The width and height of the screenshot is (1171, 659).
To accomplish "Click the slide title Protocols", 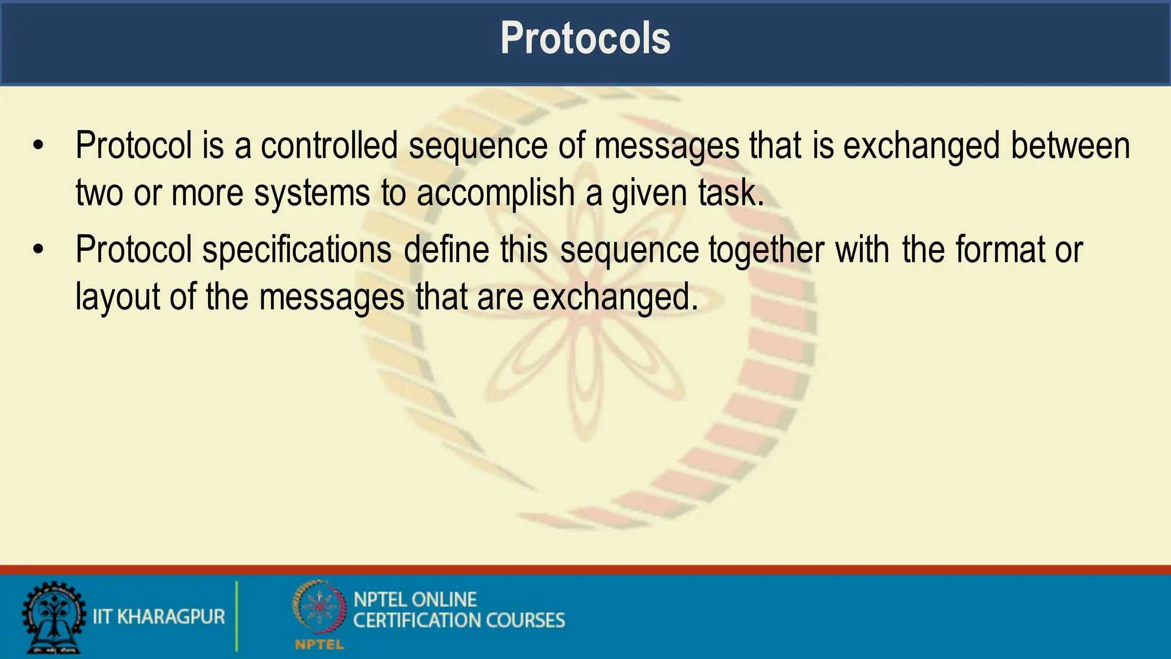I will (x=585, y=38).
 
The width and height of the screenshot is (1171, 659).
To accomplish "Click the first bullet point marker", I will (x=38, y=145).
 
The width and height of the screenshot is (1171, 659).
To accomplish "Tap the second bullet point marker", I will (x=38, y=249).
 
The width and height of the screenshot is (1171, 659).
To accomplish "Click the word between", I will (x=1070, y=145).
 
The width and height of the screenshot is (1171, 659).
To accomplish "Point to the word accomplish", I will (x=495, y=193).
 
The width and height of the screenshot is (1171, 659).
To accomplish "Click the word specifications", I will (x=297, y=250).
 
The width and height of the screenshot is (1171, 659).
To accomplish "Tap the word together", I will (x=767, y=250).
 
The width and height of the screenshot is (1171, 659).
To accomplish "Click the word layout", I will (x=118, y=297).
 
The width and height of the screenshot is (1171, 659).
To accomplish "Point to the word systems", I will (x=312, y=193).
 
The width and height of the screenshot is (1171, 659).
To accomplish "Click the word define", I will (x=447, y=249).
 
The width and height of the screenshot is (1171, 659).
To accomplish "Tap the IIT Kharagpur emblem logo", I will (x=53, y=617).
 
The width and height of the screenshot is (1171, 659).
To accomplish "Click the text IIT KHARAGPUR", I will (x=159, y=617).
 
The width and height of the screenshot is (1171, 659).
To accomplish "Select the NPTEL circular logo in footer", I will (x=320, y=607).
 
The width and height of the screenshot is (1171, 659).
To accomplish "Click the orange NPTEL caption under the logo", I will (x=319, y=645).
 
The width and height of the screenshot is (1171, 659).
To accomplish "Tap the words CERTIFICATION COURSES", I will (x=459, y=621).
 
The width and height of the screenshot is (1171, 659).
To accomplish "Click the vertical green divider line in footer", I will (x=237, y=616).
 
